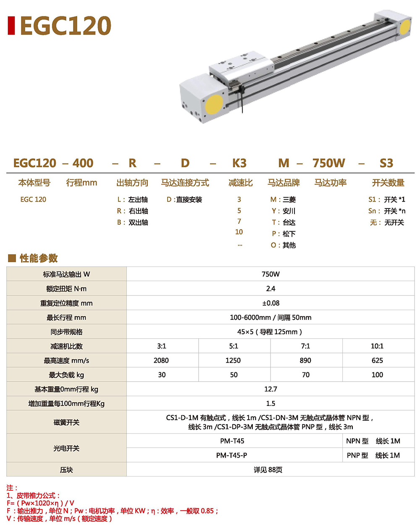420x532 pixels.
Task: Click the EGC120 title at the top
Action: click(65, 26)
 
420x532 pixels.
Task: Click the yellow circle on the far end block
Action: click(405, 27)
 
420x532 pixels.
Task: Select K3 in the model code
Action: click(239, 163)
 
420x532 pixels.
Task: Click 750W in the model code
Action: click(329, 163)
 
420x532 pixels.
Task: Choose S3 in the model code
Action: click(386, 163)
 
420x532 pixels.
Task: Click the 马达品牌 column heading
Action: click(283, 183)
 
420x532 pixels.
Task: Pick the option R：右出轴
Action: click(132, 211)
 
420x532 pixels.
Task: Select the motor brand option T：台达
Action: click(283, 222)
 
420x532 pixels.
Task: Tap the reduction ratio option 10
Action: click(239, 232)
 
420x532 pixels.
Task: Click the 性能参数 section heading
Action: click(38, 258)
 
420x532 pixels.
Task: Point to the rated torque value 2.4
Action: click(270, 289)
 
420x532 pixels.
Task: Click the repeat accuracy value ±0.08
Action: click(270, 303)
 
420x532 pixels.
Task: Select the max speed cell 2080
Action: click(161, 361)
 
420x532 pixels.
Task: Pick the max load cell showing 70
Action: click(306, 375)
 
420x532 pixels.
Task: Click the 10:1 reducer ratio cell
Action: click(377, 346)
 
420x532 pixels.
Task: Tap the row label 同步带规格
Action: click(66, 332)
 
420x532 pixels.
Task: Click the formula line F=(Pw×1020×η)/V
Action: click(41, 503)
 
